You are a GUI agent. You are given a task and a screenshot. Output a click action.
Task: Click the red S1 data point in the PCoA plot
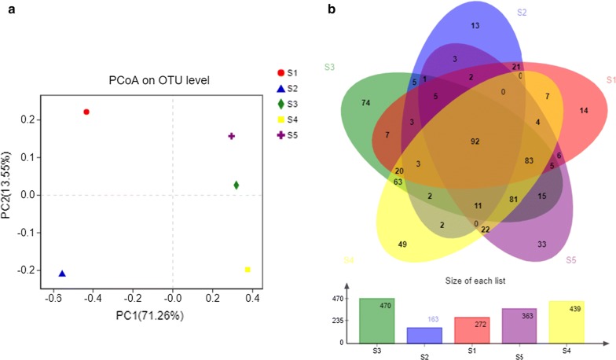(86, 112)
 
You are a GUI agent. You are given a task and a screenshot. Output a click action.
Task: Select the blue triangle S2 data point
(62, 274)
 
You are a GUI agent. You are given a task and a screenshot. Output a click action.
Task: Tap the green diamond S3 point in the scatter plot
(236, 186)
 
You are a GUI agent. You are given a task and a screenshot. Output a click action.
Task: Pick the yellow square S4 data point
(247, 270)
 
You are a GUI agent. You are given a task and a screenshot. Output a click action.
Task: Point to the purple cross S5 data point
(232, 136)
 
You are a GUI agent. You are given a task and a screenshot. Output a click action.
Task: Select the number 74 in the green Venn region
(365, 103)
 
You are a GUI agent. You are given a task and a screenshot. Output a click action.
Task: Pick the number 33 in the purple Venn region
(542, 244)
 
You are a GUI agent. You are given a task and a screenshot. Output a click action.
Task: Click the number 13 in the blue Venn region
(475, 26)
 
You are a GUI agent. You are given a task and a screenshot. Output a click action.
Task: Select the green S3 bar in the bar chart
(376, 320)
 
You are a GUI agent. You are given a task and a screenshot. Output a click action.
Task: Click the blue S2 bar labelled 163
(423, 335)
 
